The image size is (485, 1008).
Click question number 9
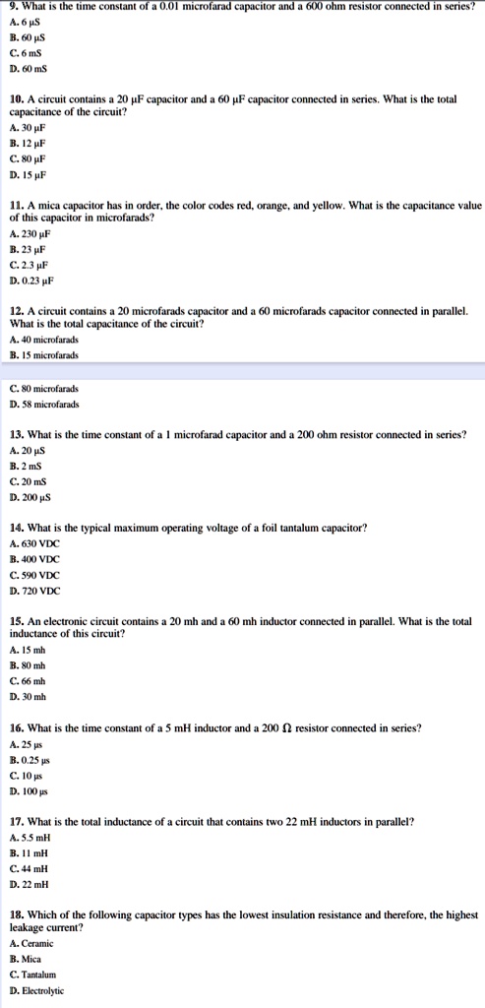[x=12, y=7]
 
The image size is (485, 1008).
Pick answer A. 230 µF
[x=29, y=233]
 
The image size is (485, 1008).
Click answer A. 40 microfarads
[x=44, y=340]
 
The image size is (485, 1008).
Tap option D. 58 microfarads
[x=44, y=404]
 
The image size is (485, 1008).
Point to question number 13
[x=16, y=434]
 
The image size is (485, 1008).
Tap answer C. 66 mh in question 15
[x=27, y=681]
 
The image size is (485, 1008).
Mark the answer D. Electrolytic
[x=36, y=991]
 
